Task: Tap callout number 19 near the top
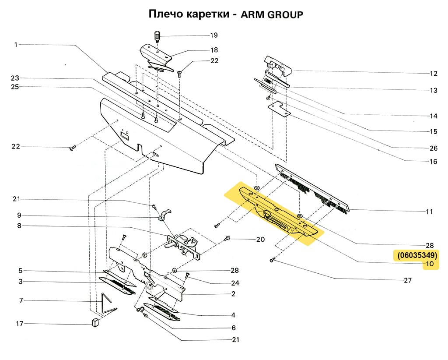(213, 35)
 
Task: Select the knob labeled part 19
(157, 35)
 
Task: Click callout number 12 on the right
(433, 73)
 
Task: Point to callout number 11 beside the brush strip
(429, 212)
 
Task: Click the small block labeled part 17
(95, 323)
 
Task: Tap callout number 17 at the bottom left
(19, 324)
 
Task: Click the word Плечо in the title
(165, 14)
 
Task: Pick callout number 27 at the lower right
(407, 280)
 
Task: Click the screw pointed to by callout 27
(272, 260)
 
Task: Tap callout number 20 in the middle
(260, 240)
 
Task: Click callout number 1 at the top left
(16, 44)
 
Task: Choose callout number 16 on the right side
(433, 162)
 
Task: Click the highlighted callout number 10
(429, 264)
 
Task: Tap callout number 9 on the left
(19, 215)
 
